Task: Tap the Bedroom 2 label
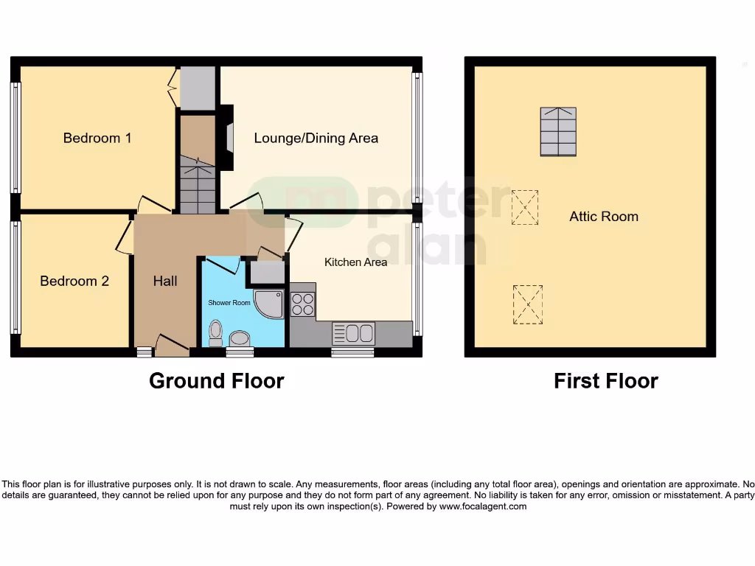(74, 281)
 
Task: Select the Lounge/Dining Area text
(316, 138)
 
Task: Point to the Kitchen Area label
(355, 262)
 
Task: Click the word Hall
(165, 281)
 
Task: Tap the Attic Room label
(603, 217)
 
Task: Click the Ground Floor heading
(216, 380)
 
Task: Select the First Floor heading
(605, 380)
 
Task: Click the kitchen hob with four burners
(302, 304)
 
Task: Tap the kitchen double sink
(353, 334)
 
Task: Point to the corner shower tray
(268, 303)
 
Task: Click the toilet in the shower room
(215, 332)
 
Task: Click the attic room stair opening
(558, 132)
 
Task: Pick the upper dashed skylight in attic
(524, 207)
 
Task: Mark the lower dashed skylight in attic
(527, 304)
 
